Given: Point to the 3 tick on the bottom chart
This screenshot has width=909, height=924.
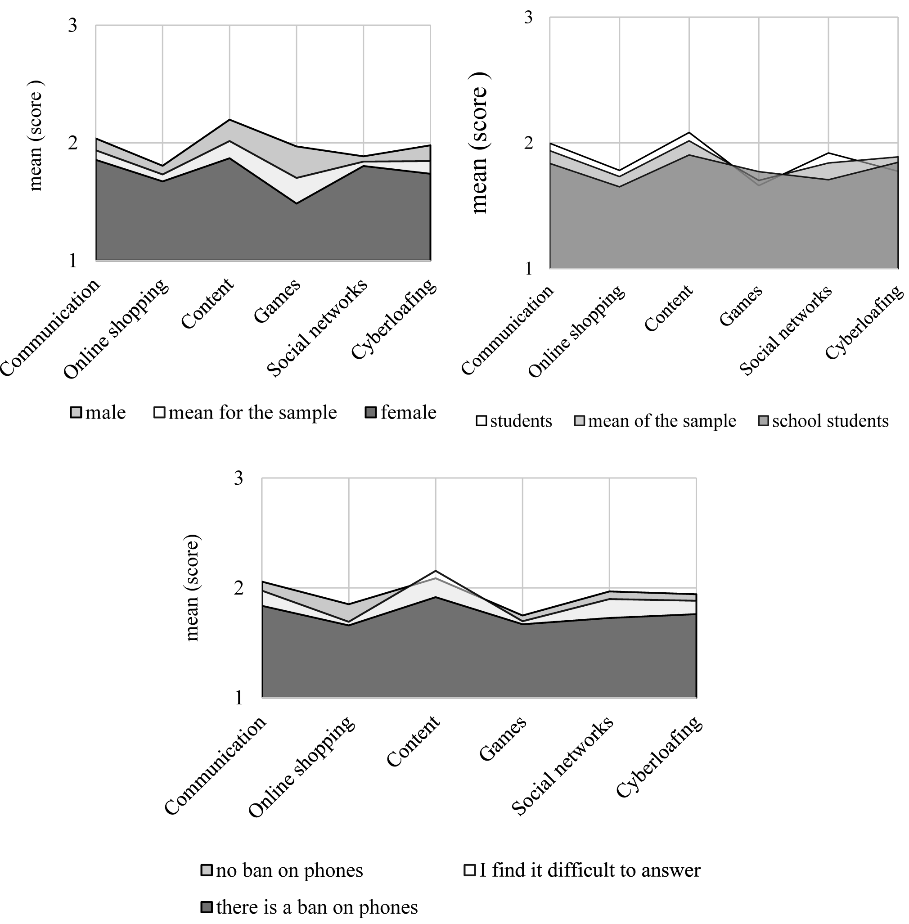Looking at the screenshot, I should click(238, 478).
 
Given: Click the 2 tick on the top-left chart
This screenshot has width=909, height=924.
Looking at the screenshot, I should click(72, 142).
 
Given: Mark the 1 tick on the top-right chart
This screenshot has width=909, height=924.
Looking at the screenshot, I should click(527, 269).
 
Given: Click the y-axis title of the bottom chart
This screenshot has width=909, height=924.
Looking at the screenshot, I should click(192, 587).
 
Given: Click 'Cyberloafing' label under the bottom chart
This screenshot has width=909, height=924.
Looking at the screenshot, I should click(659, 757).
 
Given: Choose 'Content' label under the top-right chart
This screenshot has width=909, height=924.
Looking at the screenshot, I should click(669, 308).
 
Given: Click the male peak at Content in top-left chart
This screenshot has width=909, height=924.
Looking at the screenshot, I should click(229, 119).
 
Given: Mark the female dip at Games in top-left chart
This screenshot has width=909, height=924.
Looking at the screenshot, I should click(297, 203).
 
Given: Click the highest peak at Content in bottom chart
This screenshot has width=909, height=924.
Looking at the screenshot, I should click(436, 571).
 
